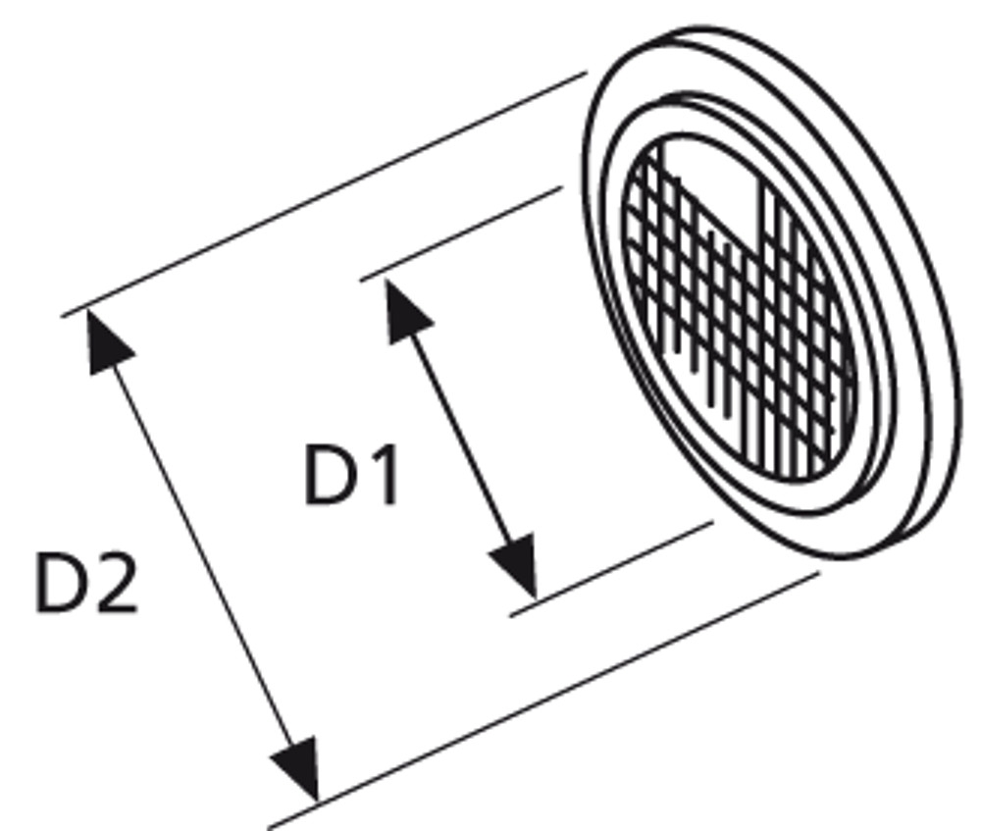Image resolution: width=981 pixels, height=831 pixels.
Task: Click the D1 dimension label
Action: (x=351, y=474)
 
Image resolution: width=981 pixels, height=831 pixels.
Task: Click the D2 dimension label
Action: (x=86, y=583)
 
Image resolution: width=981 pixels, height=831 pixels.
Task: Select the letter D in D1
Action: (x=329, y=474)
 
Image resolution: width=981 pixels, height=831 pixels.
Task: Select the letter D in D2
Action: (x=61, y=583)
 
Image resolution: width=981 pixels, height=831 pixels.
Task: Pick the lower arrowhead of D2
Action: (x=296, y=769)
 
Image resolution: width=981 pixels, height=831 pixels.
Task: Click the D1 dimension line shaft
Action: (x=460, y=440)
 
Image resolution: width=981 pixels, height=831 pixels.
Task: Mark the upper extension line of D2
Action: (x=324, y=194)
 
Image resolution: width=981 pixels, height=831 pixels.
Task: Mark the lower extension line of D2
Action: (x=543, y=701)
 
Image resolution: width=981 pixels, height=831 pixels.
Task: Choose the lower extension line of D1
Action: (x=612, y=568)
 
